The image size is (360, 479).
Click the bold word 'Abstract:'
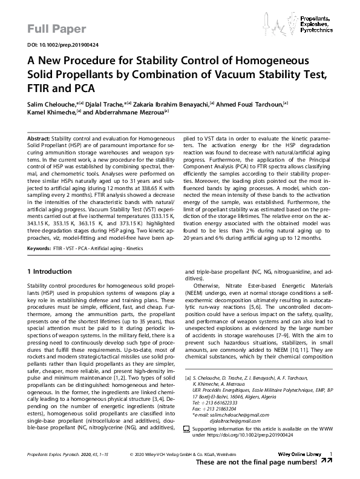(39, 139)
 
